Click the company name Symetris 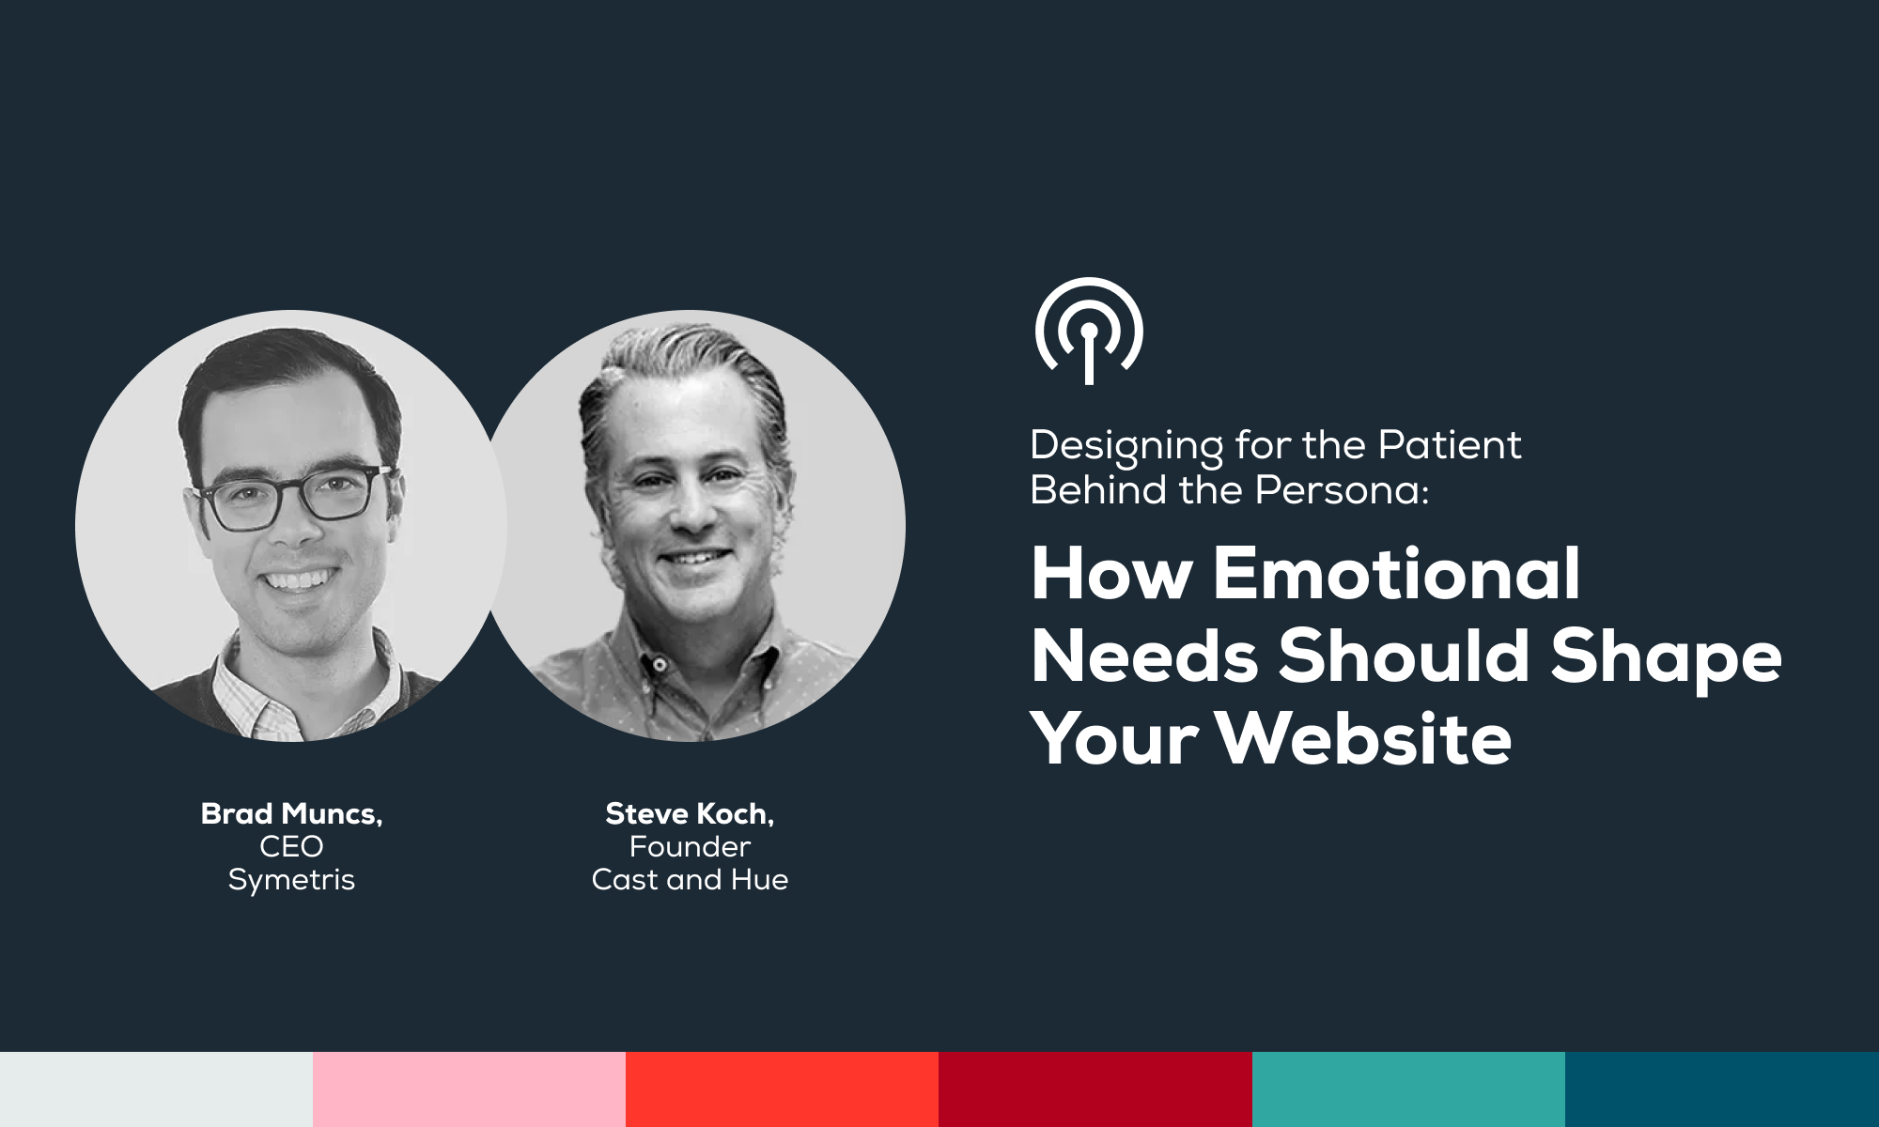291,881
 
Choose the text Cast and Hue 690,879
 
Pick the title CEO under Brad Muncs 291,846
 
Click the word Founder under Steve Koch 690,846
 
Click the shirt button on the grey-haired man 660,665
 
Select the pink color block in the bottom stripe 469,1089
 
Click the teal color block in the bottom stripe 1408,1089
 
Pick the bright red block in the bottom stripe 782,1089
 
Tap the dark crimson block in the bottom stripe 1095,1089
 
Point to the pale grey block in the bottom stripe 156,1089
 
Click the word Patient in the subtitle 1449,444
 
